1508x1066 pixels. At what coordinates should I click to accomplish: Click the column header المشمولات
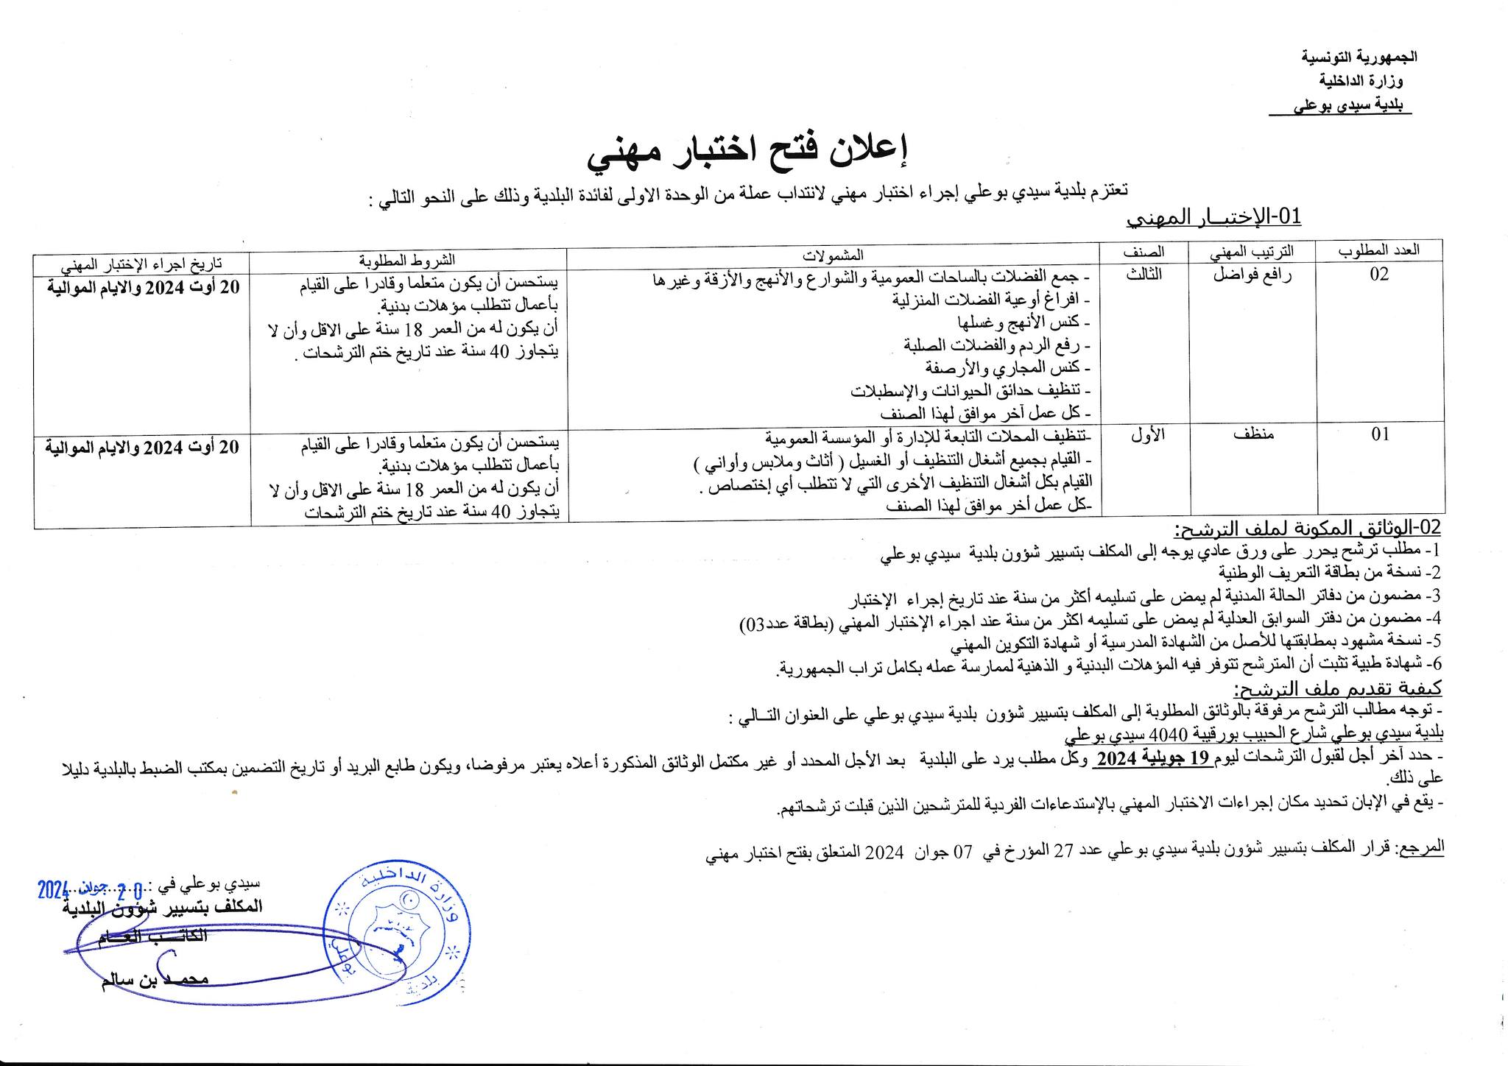tap(833, 255)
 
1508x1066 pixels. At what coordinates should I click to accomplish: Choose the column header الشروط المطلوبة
tap(407, 259)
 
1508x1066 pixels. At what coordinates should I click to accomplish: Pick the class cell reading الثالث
tap(1144, 275)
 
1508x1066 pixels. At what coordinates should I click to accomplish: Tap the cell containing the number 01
tap(1379, 434)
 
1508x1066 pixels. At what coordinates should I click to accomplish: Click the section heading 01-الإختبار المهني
tap(1215, 217)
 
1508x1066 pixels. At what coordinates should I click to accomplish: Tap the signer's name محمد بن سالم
tap(155, 981)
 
